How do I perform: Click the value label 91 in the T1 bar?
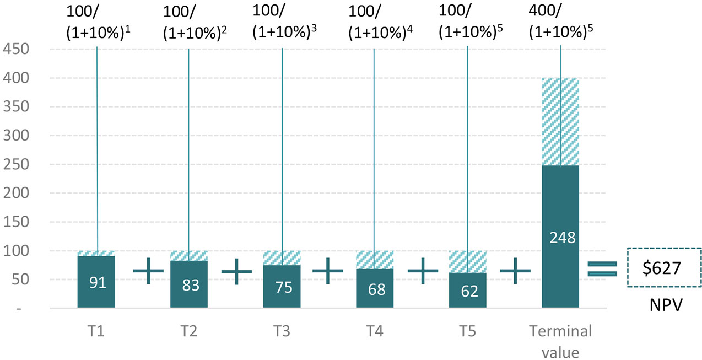(96, 283)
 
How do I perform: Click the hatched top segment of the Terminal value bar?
(560, 121)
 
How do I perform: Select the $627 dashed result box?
(665, 268)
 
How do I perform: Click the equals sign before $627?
(602, 268)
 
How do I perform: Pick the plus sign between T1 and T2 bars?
(149, 271)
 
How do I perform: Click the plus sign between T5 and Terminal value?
(515, 271)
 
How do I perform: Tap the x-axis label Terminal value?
(560, 341)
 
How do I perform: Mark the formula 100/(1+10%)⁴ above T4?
(380, 22)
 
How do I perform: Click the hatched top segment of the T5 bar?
(467, 262)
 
